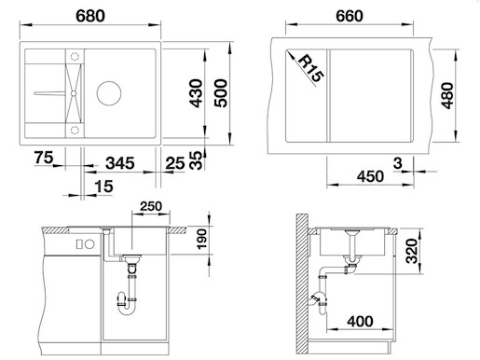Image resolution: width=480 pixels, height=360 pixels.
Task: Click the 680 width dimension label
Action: (90, 16)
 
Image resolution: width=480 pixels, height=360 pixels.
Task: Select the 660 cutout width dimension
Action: (350, 16)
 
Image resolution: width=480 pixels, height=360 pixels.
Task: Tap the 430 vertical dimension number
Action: (197, 93)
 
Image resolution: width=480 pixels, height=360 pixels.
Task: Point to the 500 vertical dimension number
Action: (221, 93)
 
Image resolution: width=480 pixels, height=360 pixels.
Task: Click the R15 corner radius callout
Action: (310, 68)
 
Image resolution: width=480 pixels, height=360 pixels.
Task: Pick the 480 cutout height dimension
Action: (447, 95)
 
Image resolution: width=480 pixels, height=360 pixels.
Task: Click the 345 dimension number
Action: (120, 163)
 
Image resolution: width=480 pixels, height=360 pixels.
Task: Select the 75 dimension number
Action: (44, 158)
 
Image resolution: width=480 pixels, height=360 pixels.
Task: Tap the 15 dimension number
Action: (103, 187)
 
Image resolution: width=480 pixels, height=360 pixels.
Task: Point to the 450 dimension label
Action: (370, 176)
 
